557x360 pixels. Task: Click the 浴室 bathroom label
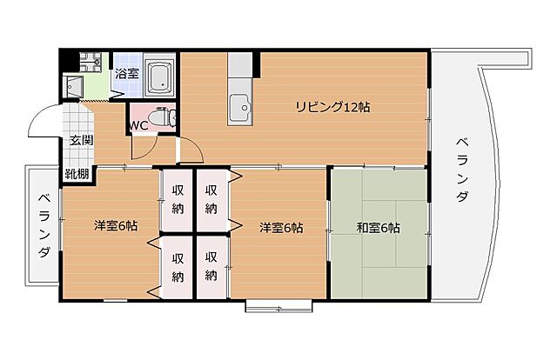pyautogui.click(x=127, y=74)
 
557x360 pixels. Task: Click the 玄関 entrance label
pyautogui.click(x=83, y=141)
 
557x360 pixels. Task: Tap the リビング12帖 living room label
pyautogui.click(x=332, y=108)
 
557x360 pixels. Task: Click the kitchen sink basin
pyautogui.click(x=238, y=110)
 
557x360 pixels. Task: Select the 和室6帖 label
pyautogui.click(x=378, y=229)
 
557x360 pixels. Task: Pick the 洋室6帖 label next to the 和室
pyautogui.click(x=280, y=228)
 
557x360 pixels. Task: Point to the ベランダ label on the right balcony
pyautogui.click(x=460, y=170)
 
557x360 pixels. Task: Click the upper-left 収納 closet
pyautogui.click(x=178, y=200)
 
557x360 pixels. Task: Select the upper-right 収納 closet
pyautogui.click(x=211, y=200)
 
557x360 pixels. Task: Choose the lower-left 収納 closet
pyautogui.click(x=178, y=267)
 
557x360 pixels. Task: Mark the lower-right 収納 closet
pyautogui.click(x=211, y=267)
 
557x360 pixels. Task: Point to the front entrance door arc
pyautogui.click(x=39, y=124)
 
